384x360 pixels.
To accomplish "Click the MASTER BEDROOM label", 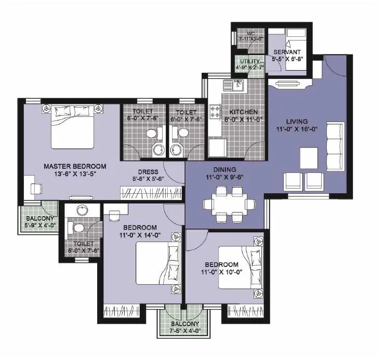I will pyautogui.click(x=74, y=166).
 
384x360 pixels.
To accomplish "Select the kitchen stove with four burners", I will pyautogui.click(x=215, y=111).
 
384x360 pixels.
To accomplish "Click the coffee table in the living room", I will pyautogui.click(x=309, y=157).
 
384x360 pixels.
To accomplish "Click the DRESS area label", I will pyautogui.click(x=148, y=172).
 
